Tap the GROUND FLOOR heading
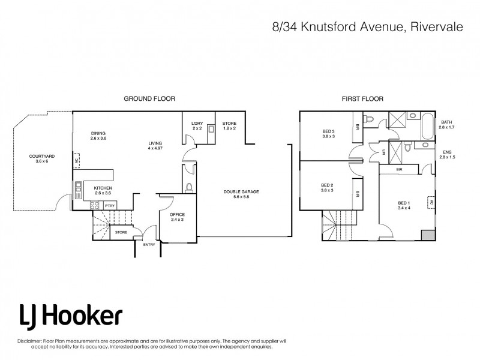149,98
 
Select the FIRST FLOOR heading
363,98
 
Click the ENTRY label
149,244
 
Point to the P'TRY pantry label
110,206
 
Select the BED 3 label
327,133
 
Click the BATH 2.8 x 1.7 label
447,125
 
